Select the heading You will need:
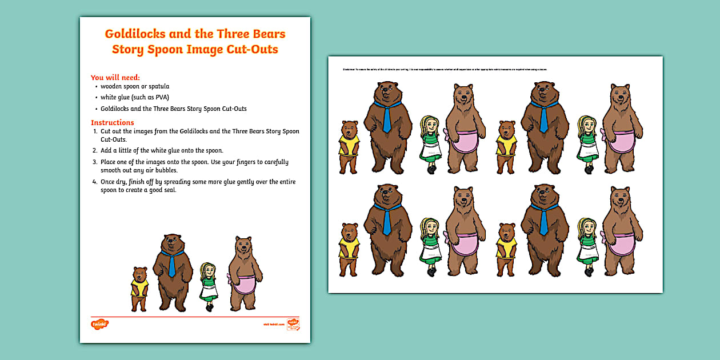tap(115, 78)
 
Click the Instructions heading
tap(113, 122)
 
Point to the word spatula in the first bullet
tap(157, 87)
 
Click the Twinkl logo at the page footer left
tap(99, 325)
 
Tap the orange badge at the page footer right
tap(293, 325)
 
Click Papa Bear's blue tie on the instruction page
tap(171, 264)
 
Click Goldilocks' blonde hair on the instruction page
tap(207, 269)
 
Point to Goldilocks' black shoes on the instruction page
tap(210, 307)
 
